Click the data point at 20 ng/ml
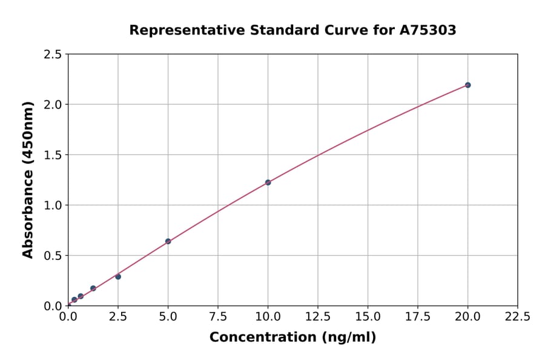pyautogui.click(x=467, y=85)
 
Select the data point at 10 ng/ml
pyautogui.click(x=268, y=182)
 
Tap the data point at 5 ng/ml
pyautogui.click(x=168, y=241)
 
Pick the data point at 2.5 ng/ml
pyautogui.click(x=118, y=276)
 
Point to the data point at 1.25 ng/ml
pyautogui.click(x=93, y=288)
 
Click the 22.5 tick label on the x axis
pyautogui.click(x=517, y=316)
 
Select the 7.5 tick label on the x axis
pyautogui.click(x=218, y=316)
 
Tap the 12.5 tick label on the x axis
pyautogui.click(x=318, y=316)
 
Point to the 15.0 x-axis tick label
pyautogui.click(x=368, y=316)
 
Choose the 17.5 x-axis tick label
pyautogui.click(x=417, y=316)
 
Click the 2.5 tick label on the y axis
pyautogui.click(x=53, y=55)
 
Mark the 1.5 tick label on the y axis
pyautogui.click(x=53, y=155)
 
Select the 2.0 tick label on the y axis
pyautogui.click(x=53, y=105)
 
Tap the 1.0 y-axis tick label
pyautogui.click(x=53, y=205)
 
